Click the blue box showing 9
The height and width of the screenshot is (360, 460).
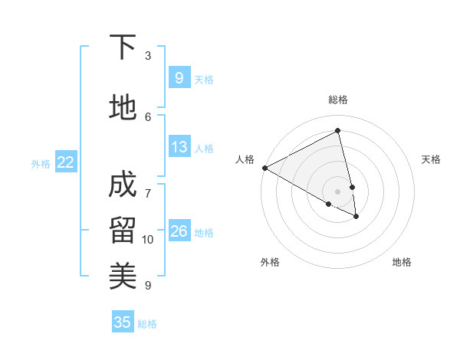pyautogui.click(x=179, y=78)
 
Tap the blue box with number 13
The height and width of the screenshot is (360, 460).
pyautogui.click(x=179, y=147)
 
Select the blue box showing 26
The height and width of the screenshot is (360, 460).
pyautogui.click(x=179, y=231)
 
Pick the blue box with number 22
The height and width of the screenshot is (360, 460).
pyautogui.click(x=66, y=162)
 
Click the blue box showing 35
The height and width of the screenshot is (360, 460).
pyautogui.click(x=123, y=322)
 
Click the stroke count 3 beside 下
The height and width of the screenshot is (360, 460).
pyautogui.click(x=148, y=56)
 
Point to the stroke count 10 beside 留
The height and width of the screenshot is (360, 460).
pyautogui.click(x=148, y=240)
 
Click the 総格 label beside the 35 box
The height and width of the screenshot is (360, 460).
pyautogui.click(x=147, y=324)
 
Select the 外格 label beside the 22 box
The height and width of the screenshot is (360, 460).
pyautogui.click(x=41, y=163)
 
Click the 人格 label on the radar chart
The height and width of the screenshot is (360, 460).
pyautogui.click(x=245, y=159)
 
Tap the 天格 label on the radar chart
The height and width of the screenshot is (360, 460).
pyautogui.click(x=431, y=159)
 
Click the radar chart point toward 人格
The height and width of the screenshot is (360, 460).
pyautogui.click(x=264, y=168)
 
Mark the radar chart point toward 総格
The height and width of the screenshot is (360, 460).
pyautogui.click(x=338, y=130)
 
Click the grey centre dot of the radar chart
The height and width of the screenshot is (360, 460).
pyautogui.click(x=338, y=191)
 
